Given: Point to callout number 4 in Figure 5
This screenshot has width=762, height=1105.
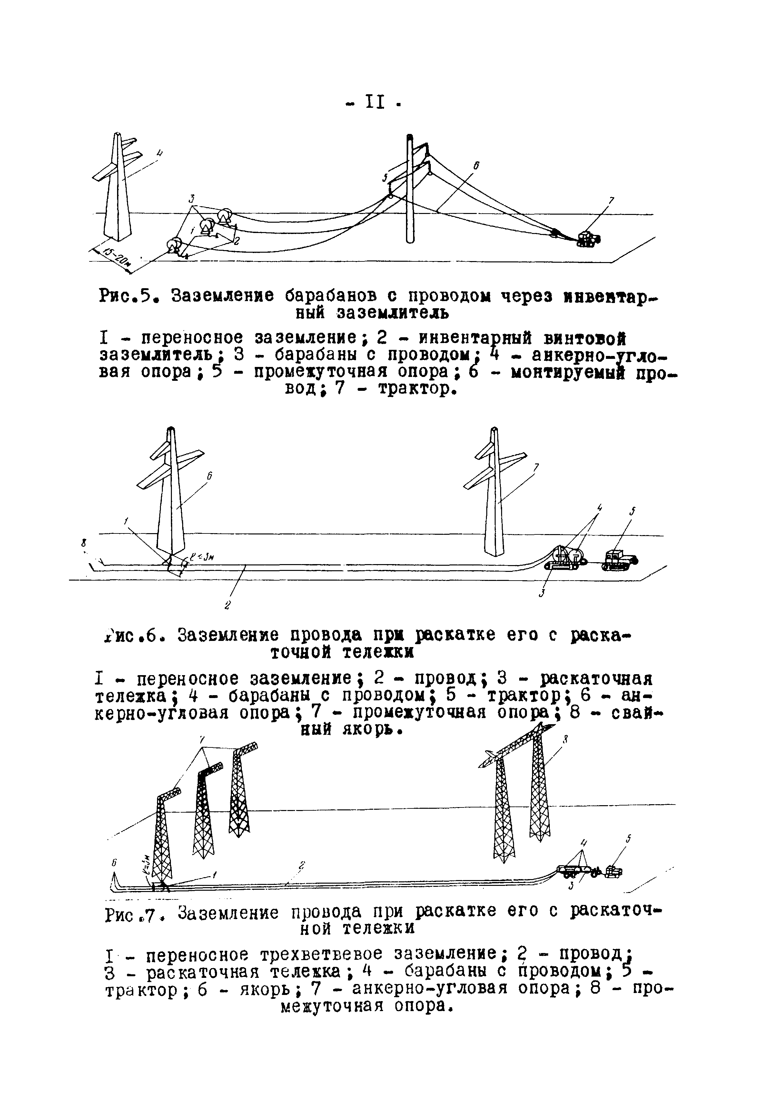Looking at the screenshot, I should [x=160, y=153].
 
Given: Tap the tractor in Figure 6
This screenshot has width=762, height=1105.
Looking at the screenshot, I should [x=620, y=560].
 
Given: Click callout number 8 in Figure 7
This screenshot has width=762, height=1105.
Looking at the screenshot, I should [x=565, y=740].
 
